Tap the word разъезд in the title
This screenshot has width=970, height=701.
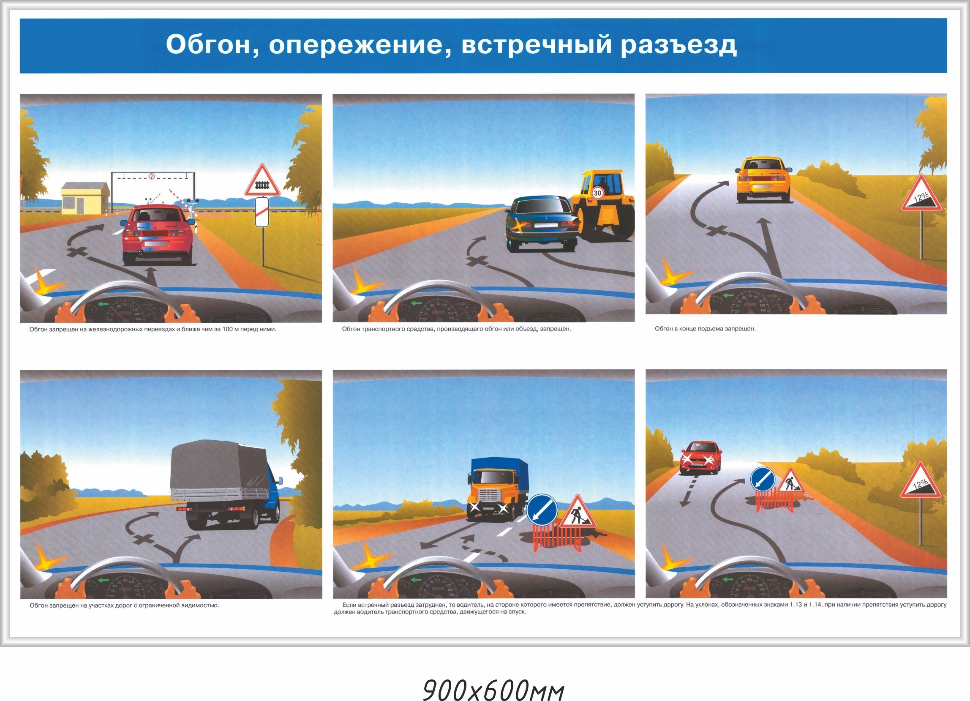[679, 45]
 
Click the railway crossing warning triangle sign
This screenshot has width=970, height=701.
[262, 180]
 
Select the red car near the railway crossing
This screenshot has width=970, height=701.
[158, 234]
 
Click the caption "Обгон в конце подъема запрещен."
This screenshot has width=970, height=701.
[705, 329]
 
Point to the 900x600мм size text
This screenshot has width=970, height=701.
[494, 678]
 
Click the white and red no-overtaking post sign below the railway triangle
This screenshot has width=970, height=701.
[262, 212]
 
